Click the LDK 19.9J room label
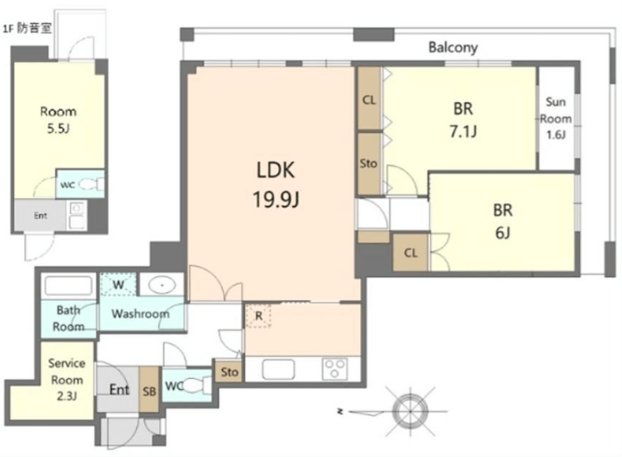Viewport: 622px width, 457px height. click(x=276, y=184)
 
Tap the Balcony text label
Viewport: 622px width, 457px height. click(x=453, y=47)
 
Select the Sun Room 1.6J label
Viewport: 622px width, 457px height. click(x=555, y=118)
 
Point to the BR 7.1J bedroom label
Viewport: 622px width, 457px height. click(x=463, y=120)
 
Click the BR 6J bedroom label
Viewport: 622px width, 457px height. click(x=502, y=221)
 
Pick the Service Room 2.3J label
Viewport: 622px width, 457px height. click(x=67, y=380)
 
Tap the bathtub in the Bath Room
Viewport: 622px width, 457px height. click(x=68, y=286)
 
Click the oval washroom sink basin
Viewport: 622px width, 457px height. click(x=162, y=285)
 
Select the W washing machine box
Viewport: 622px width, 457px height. click(x=118, y=284)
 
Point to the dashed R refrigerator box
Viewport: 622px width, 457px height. click(x=258, y=316)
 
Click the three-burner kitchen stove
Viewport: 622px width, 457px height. click(x=335, y=369)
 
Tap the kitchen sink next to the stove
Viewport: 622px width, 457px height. click(x=278, y=370)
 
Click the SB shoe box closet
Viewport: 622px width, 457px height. click(x=149, y=389)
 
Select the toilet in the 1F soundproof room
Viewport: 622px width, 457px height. click(x=90, y=184)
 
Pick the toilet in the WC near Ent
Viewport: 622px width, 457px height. click(x=197, y=385)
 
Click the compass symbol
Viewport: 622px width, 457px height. click(x=409, y=411)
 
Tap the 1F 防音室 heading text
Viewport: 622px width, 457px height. click(x=27, y=28)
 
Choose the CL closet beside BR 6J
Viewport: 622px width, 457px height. click(x=410, y=252)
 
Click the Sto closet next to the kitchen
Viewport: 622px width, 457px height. click(x=229, y=372)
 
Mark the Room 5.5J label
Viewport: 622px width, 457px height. click(x=58, y=120)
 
